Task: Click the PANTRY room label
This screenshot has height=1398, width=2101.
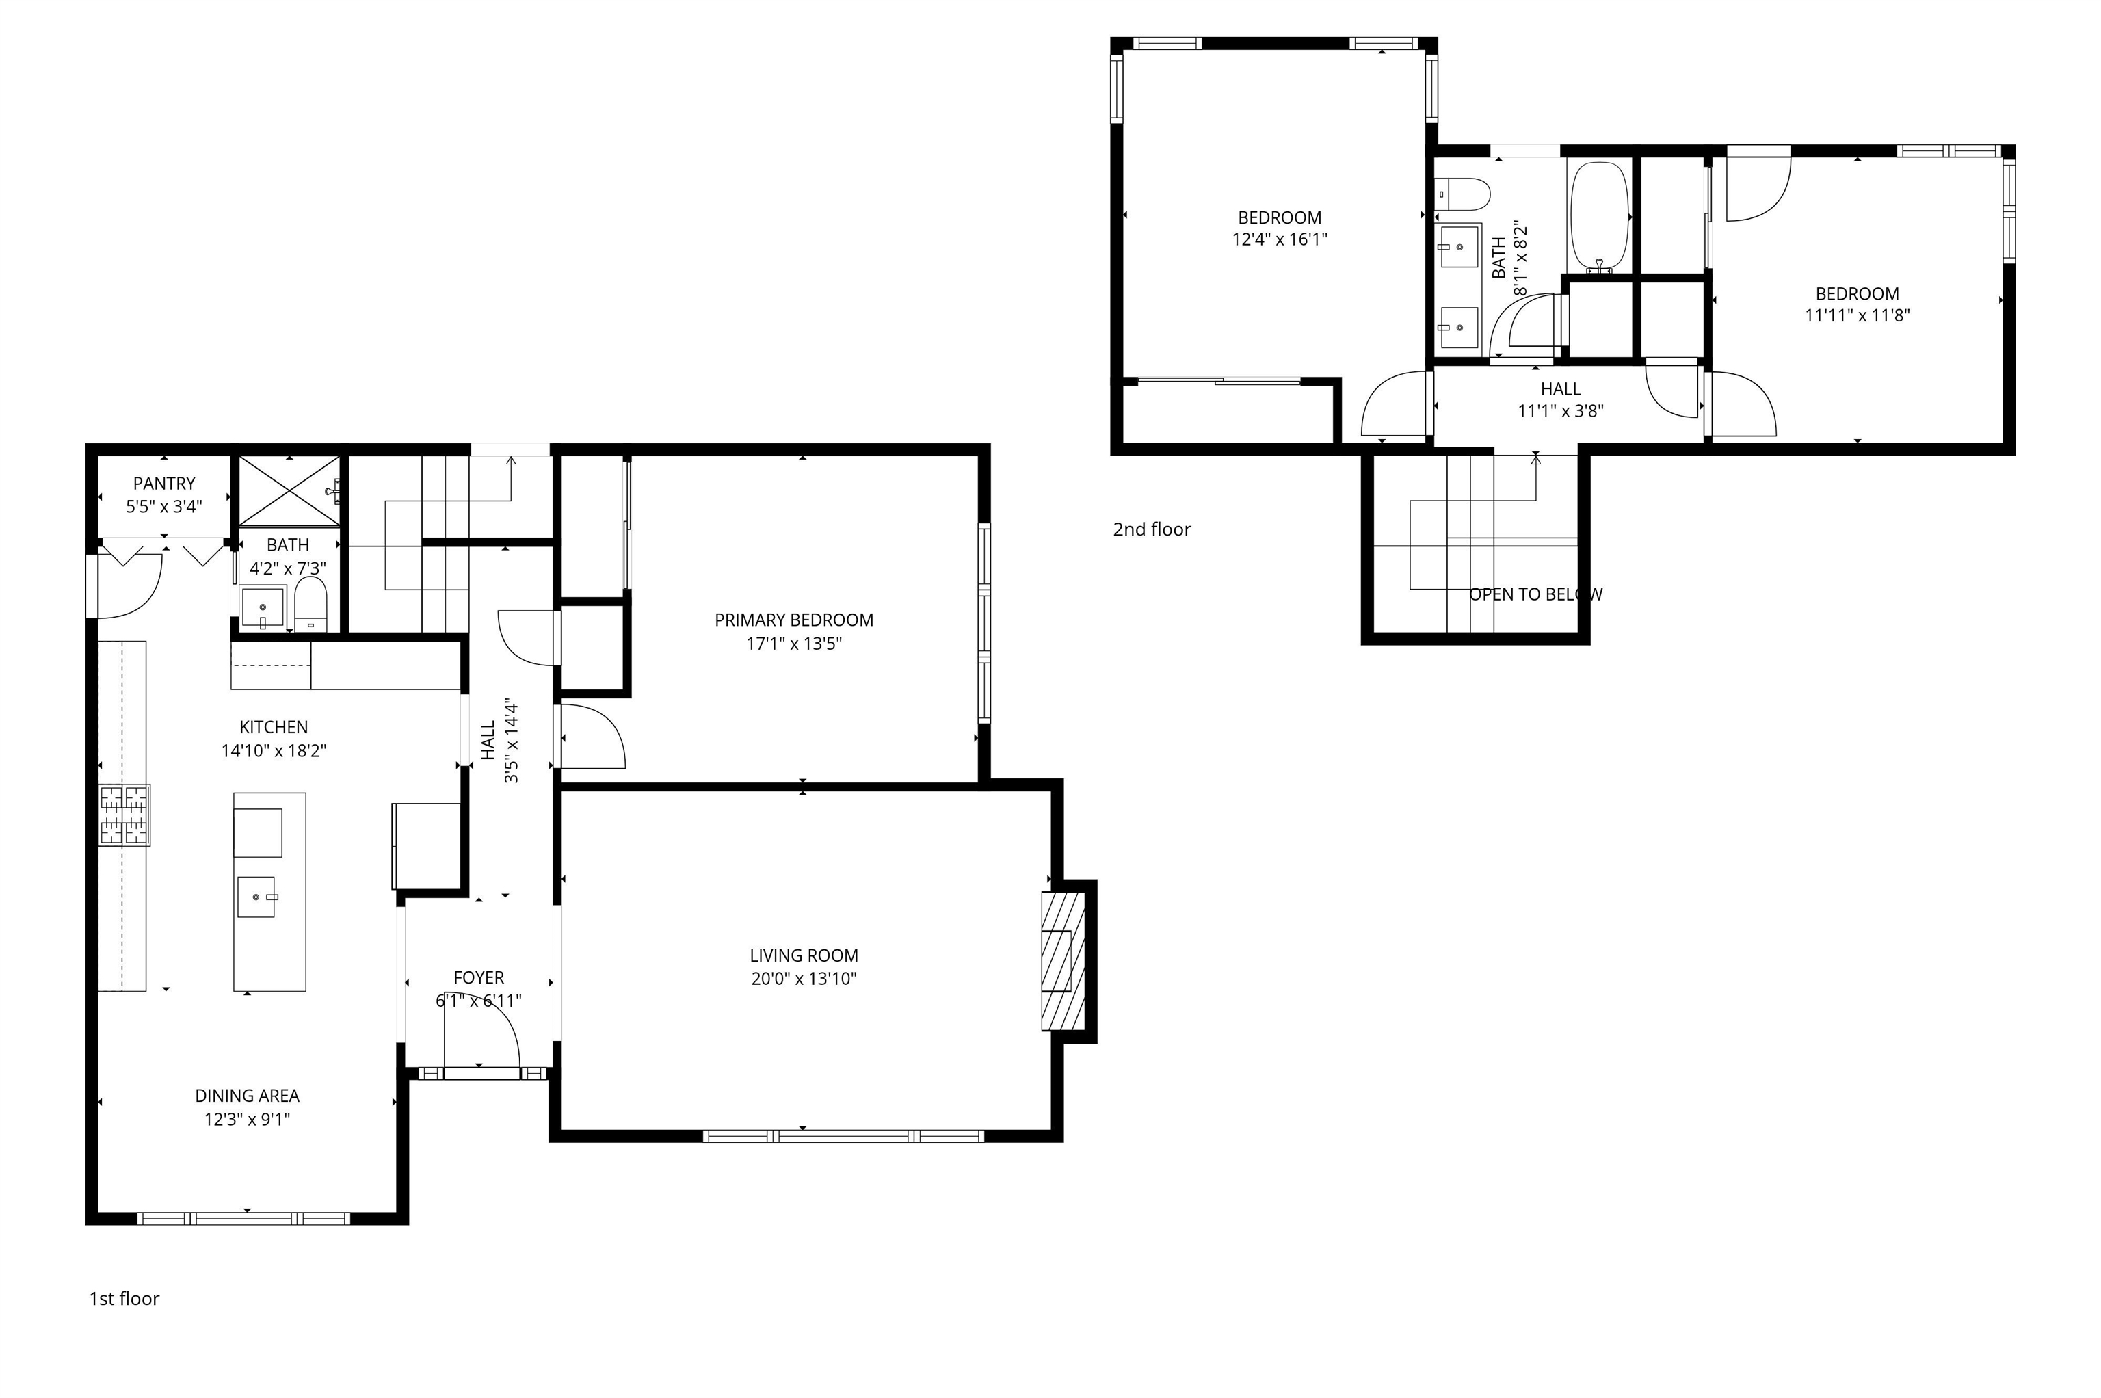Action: click(164, 484)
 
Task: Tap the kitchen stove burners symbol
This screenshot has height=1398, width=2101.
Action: click(124, 814)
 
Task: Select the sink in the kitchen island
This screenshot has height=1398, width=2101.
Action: click(258, 895)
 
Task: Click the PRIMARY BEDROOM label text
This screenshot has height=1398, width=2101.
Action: click(793, 620)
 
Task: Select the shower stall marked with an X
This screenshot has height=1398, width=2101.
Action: click(289, 491)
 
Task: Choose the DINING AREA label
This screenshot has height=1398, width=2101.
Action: click(247, 1096)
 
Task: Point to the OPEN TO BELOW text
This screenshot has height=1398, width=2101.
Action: click(1535, 594)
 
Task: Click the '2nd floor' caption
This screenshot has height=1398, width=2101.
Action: click(1151, 529)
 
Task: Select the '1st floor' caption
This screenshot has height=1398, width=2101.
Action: click(124, 1298)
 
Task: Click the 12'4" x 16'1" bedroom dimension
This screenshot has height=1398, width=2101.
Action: click(1279, 239)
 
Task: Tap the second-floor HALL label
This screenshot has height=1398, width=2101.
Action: click(1560, 388)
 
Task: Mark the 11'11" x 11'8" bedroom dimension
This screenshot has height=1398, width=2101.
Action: click(1857, 315)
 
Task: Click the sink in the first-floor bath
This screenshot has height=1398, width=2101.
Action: click(262, 607)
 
